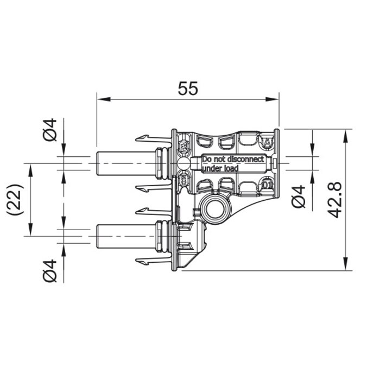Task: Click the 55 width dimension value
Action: pyautogui.click(x=188, y=88)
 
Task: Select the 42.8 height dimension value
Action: pyautogui.click(x=336, y=199)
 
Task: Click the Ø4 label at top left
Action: pyautogui.click(x=49, y=129)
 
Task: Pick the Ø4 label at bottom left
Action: pyautogui.click(x=49, y=270)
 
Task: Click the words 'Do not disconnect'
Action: pyautogui.click(x=232, y=159)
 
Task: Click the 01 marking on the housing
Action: pyautogui.click(x=267, y=186)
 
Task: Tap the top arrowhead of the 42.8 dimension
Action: pyautogui.click(x=345, y=134)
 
